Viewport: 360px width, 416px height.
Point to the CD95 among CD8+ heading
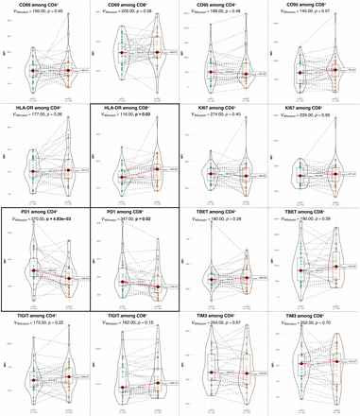point(315,5)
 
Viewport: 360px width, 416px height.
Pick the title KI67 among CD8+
point(315,109)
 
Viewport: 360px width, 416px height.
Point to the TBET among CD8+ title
point(315,213)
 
